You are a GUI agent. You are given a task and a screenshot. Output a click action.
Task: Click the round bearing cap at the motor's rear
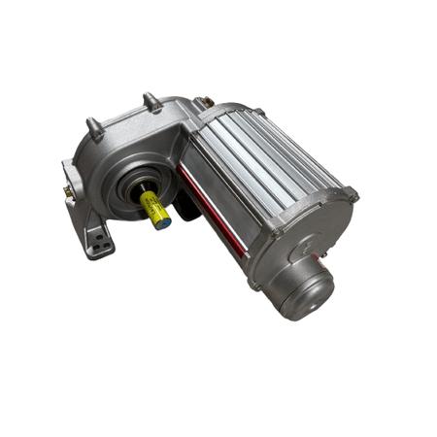click(304, 288)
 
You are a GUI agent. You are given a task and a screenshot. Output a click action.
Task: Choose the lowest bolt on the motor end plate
click(253, 285)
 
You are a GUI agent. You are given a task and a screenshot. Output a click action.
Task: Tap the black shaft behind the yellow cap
click(142, 193)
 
